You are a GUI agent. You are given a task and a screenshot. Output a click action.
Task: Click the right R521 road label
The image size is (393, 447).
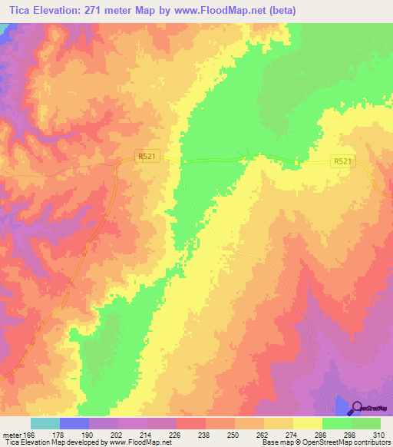[x=342, y=161]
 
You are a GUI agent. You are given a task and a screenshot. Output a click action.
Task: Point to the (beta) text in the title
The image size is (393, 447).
[x=279, y=11]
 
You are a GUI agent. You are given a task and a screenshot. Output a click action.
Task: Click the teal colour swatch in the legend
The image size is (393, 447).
[x=45, y=423]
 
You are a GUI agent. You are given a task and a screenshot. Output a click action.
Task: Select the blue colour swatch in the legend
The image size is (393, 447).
[x=74, y=423]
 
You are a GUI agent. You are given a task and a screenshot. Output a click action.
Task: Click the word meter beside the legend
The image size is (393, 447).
[x=11, y=435]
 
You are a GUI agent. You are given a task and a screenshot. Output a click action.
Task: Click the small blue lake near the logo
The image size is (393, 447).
[x=341, y=405]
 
